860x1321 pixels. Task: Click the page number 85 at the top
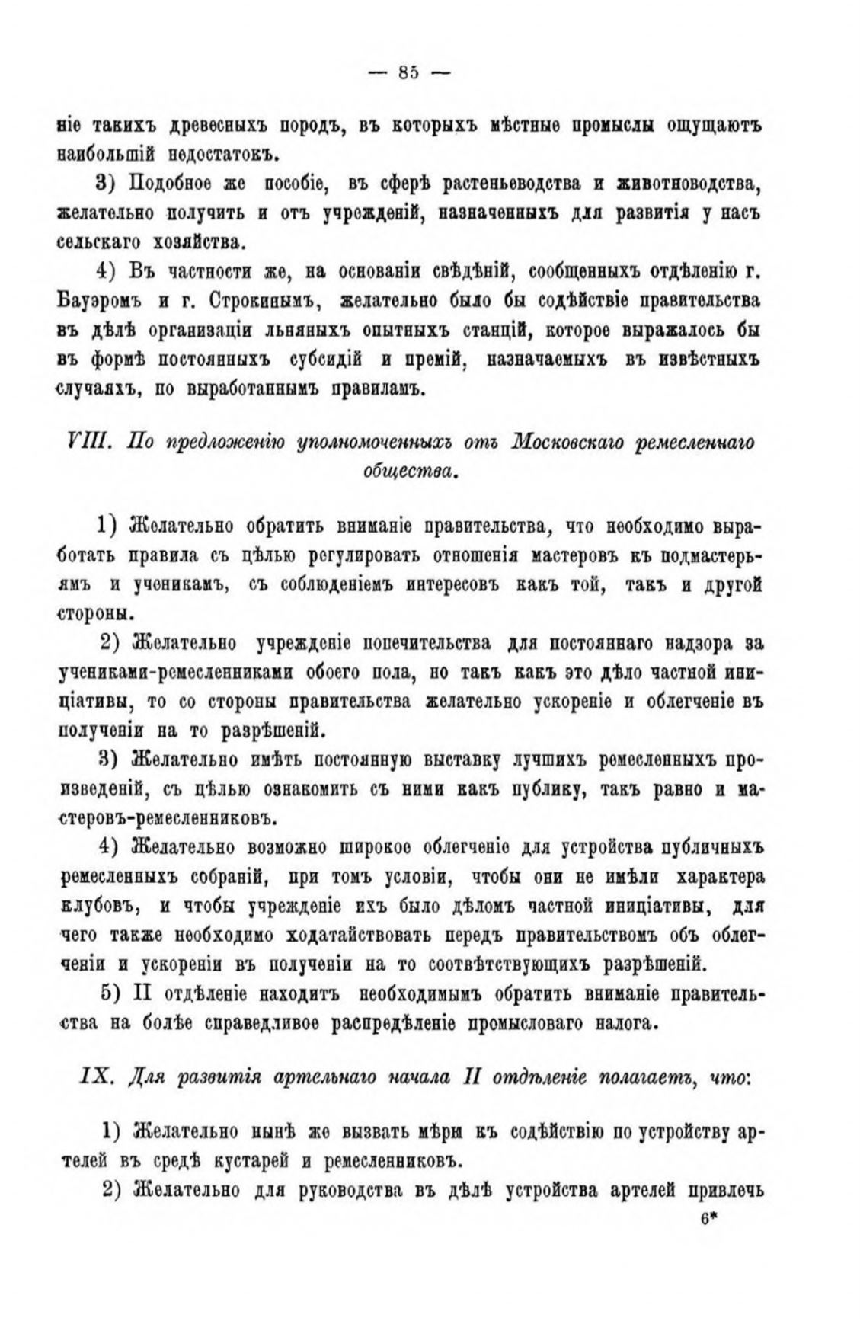(x=408, y=73)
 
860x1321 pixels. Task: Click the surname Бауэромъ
(x=100, y=299)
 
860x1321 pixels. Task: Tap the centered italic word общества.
(x=409, y=472)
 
